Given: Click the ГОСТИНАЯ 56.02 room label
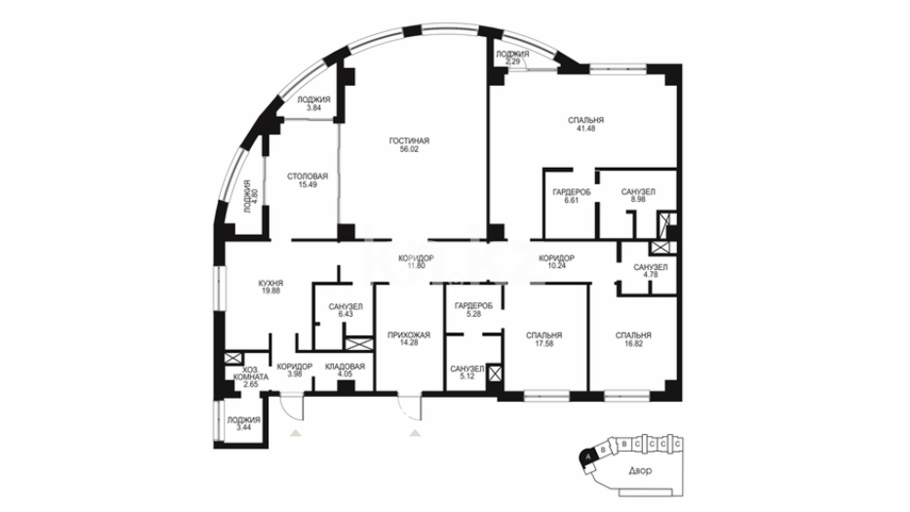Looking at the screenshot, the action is [x=409, y=145].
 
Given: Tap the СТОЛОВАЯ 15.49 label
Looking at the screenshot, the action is [x=308, y=180].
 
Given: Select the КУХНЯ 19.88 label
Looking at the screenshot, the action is [x=271, y=287].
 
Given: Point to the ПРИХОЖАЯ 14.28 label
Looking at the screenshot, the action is [x=409, y=338].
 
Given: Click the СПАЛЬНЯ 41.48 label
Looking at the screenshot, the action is [x=586, y=124].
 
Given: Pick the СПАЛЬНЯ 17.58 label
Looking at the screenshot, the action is [x=544, y=339].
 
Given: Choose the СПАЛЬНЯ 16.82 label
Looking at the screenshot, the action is [x=633, y=339].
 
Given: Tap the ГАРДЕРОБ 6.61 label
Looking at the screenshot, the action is [x=572, y=196].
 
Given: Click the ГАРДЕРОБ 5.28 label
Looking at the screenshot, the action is [x=473, y=310].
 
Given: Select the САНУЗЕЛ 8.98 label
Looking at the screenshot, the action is [x=638, y=195].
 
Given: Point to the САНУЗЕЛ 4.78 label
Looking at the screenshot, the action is [x=650, y=271].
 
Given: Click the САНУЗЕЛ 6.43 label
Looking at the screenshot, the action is [x=346, y=310].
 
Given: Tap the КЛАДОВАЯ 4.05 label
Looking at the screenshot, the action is [x=345, y=370].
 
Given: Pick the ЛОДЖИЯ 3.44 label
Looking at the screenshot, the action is [x=244, y=423].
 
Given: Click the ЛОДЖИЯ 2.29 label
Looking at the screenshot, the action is [x=512, y=57].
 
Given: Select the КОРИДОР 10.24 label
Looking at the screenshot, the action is [x=556, y=262].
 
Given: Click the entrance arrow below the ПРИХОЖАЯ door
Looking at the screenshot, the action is [x=416, y=432].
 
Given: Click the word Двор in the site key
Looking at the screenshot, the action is [x=640, y=471].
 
